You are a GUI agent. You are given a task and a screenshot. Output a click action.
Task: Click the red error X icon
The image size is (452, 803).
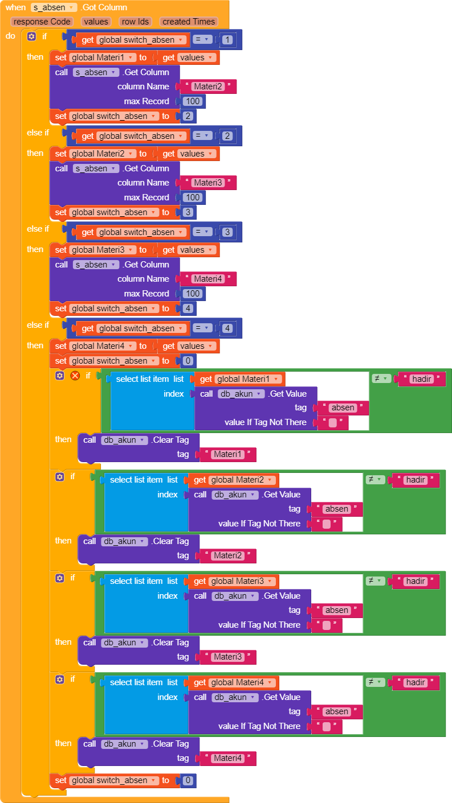point(75,376)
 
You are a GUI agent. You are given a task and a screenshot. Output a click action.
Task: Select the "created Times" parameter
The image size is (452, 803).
point(188,22)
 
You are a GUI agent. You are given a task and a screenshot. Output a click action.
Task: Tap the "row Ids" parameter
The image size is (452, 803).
point(135,22)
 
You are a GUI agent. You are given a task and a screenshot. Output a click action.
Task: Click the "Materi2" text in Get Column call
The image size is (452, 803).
point(207,87)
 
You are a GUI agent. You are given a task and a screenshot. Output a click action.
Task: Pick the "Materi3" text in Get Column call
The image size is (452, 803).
point(207,183)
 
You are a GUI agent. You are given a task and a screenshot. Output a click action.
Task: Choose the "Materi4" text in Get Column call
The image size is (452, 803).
point(207,279)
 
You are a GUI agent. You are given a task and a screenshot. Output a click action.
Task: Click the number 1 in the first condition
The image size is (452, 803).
point(227,40)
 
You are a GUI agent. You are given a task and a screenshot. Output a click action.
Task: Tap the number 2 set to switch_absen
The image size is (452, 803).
point(187,116)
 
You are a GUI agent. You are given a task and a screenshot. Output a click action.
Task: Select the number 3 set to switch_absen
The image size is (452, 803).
point(187,212)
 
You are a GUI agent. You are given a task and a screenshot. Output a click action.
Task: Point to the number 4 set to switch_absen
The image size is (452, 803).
point(187,308)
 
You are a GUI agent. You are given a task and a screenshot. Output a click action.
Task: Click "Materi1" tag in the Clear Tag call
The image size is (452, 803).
point(227,455)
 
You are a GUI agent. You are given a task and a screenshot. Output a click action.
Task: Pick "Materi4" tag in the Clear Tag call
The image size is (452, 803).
point(227,758)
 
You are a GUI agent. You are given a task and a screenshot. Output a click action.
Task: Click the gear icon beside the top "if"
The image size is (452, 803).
point(31,36)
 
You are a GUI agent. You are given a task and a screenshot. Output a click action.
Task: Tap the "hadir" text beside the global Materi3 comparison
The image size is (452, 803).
point(416,581)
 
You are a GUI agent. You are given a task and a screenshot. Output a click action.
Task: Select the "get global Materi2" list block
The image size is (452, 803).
point(234,480)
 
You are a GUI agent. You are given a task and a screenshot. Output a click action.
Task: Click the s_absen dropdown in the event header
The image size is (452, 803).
point(54,7)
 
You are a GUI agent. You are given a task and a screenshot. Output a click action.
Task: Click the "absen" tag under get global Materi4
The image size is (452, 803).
point(336,711)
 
